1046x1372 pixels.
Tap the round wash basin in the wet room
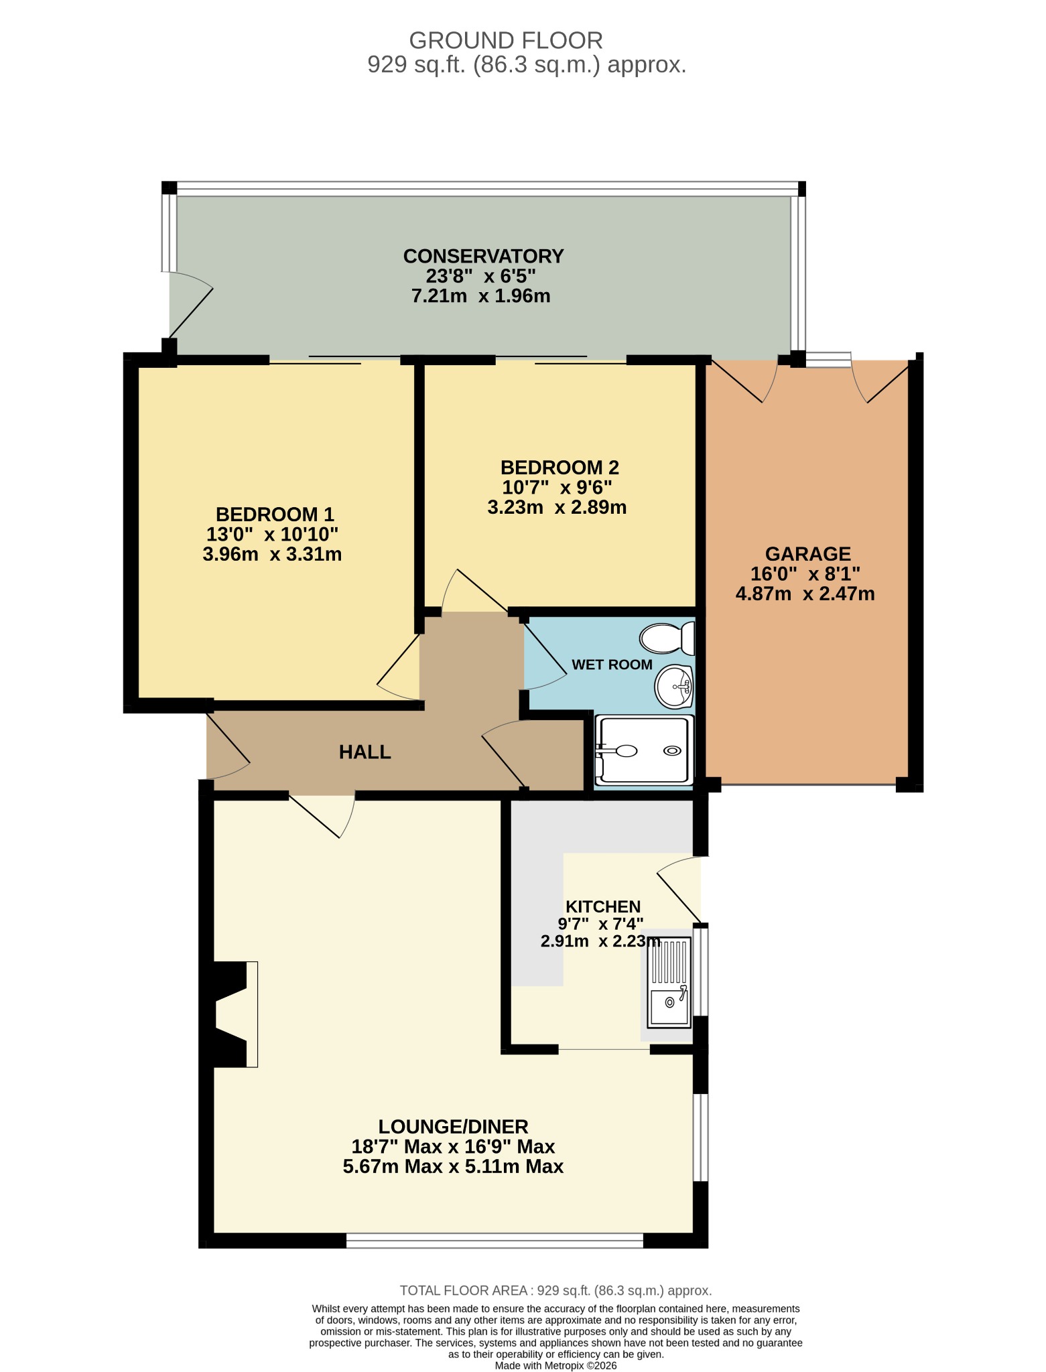tap(674, 686)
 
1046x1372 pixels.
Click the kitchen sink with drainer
tap(668, 982)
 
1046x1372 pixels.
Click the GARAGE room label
tap(807, 554)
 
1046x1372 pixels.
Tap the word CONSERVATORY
tap(483, 256)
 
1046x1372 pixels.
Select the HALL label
tap(365, 752)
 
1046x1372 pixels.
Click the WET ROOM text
tap(612, 665)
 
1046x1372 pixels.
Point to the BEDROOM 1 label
tap(275, 514)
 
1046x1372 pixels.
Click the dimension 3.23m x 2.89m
tap(557, 507)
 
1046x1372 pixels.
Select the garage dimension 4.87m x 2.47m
tap(805, 594)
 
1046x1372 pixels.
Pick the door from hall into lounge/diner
tap(322, 816)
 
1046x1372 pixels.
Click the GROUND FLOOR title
tap(506, 41)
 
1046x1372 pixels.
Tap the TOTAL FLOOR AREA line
tap(555, 1290)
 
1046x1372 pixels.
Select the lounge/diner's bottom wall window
tap(495, 1241)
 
